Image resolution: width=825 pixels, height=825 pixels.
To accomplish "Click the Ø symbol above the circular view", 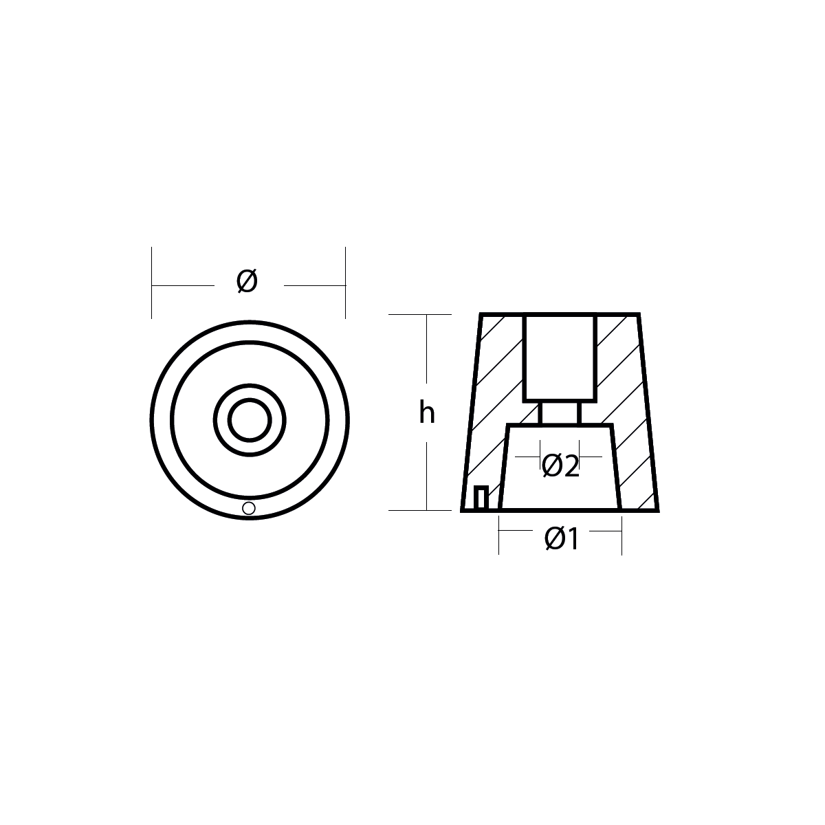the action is click(247, 281).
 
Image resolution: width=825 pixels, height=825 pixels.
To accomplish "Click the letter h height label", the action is click(426, 412).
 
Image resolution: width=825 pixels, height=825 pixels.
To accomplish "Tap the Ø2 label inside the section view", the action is click(560, 466).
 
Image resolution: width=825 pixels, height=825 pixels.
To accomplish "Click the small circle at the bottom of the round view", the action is click(249, 508).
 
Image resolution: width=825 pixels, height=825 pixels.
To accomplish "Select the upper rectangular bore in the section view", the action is click(560, 358).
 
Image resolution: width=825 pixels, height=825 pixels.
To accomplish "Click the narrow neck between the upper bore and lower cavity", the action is click(560, 413).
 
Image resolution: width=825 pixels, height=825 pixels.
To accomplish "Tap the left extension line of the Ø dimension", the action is click(151, 283).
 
